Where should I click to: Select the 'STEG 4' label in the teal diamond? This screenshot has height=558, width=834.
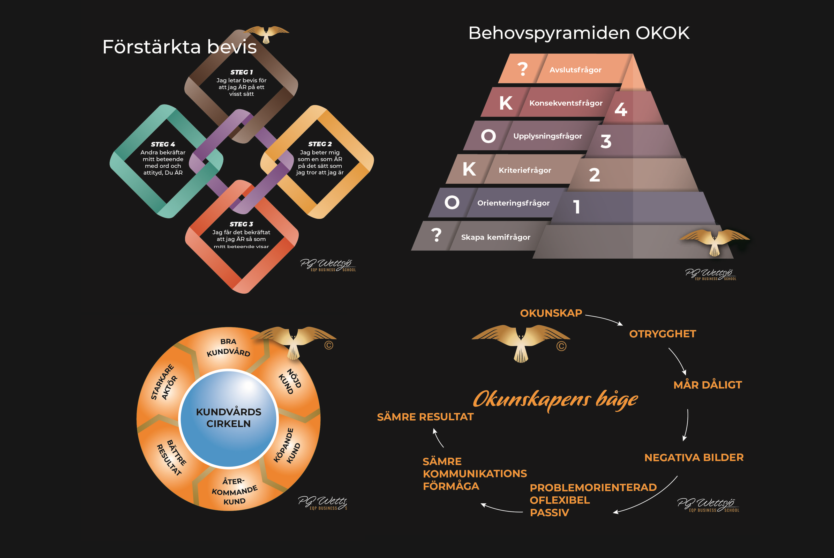pyautogui.click(x=163, y=144)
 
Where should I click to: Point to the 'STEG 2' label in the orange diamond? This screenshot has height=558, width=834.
pyautogui.click(x=320, y=144)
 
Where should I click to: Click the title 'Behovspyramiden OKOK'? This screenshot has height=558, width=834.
pyautogui.click(x=579, y=33)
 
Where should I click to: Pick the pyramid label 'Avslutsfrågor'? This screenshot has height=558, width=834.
pyautogui.click(x=575, y=70)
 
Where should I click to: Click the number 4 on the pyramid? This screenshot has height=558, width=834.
pyautogui.click(x=621, y=109)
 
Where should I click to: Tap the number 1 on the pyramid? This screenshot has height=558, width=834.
pyautogui.click(x=576, y=207)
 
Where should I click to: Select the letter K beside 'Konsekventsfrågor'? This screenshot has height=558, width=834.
pyautogui.click(x=506, y=103)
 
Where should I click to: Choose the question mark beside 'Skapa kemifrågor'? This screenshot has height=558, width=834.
pyautogui.click(x=436, y=235)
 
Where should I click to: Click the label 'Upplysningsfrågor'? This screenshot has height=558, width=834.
pyautogui.click(x=547, y=136)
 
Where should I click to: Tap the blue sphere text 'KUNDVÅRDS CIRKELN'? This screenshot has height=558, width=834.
pyautogui.click(x=229, y=418)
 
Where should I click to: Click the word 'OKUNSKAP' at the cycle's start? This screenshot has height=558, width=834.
pyautogui.click(x=551, y=313)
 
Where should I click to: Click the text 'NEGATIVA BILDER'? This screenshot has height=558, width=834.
pyautogui.click(x=694, y=457)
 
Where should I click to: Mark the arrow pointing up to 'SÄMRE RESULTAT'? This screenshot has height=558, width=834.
pyautogui.click(x=438, y=438)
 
